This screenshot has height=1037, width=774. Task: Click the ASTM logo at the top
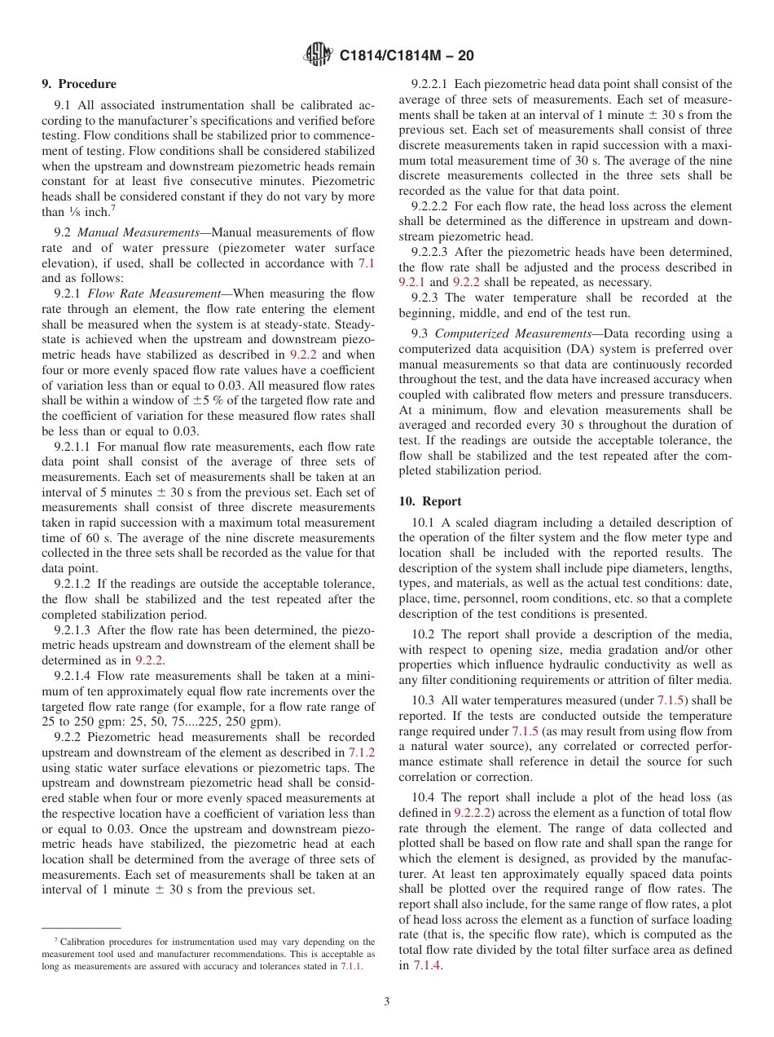319,55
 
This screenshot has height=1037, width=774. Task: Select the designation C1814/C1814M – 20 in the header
406,56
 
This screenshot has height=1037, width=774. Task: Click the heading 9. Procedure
79,84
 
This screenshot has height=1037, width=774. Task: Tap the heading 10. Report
430,501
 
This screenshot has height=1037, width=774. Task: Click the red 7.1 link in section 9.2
367,263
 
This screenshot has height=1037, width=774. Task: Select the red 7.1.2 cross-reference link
362,752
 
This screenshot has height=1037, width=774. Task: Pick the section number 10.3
424,700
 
